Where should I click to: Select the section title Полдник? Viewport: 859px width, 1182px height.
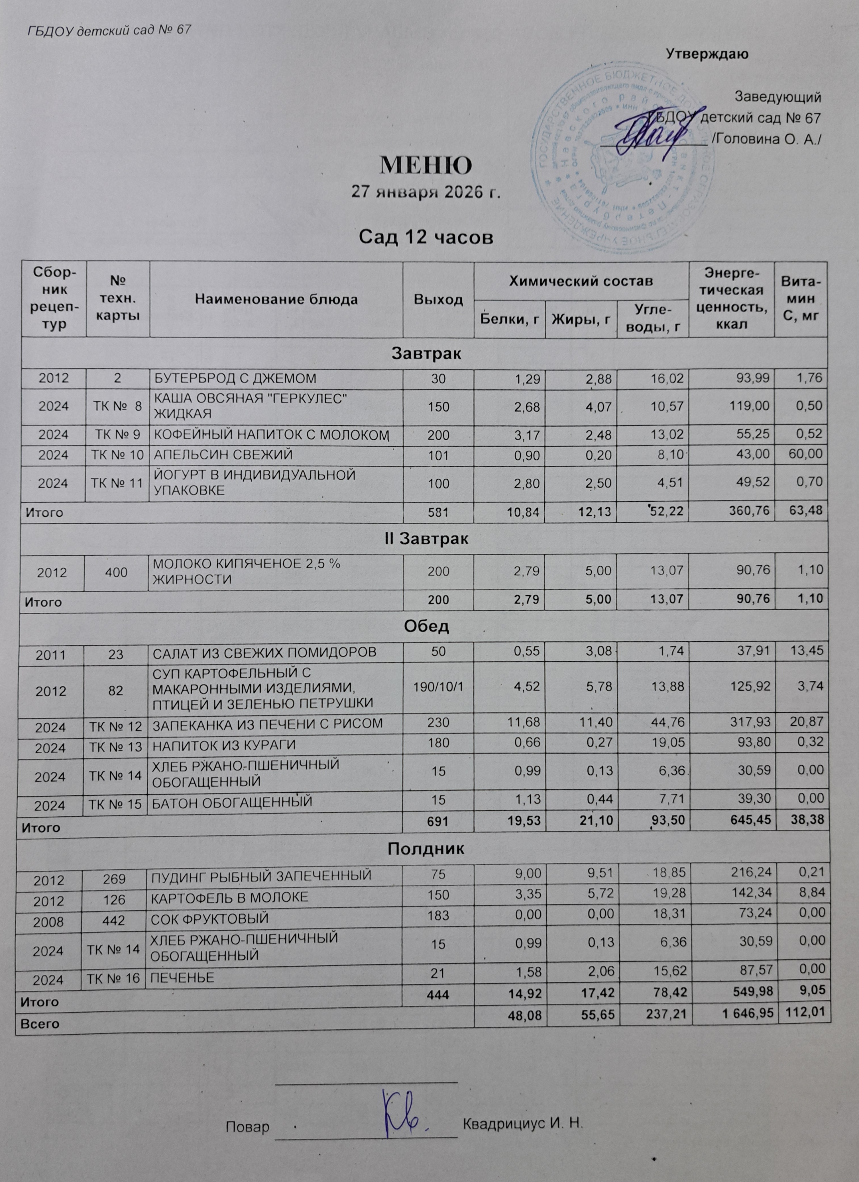pyautogui.click(x=426, y=850)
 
